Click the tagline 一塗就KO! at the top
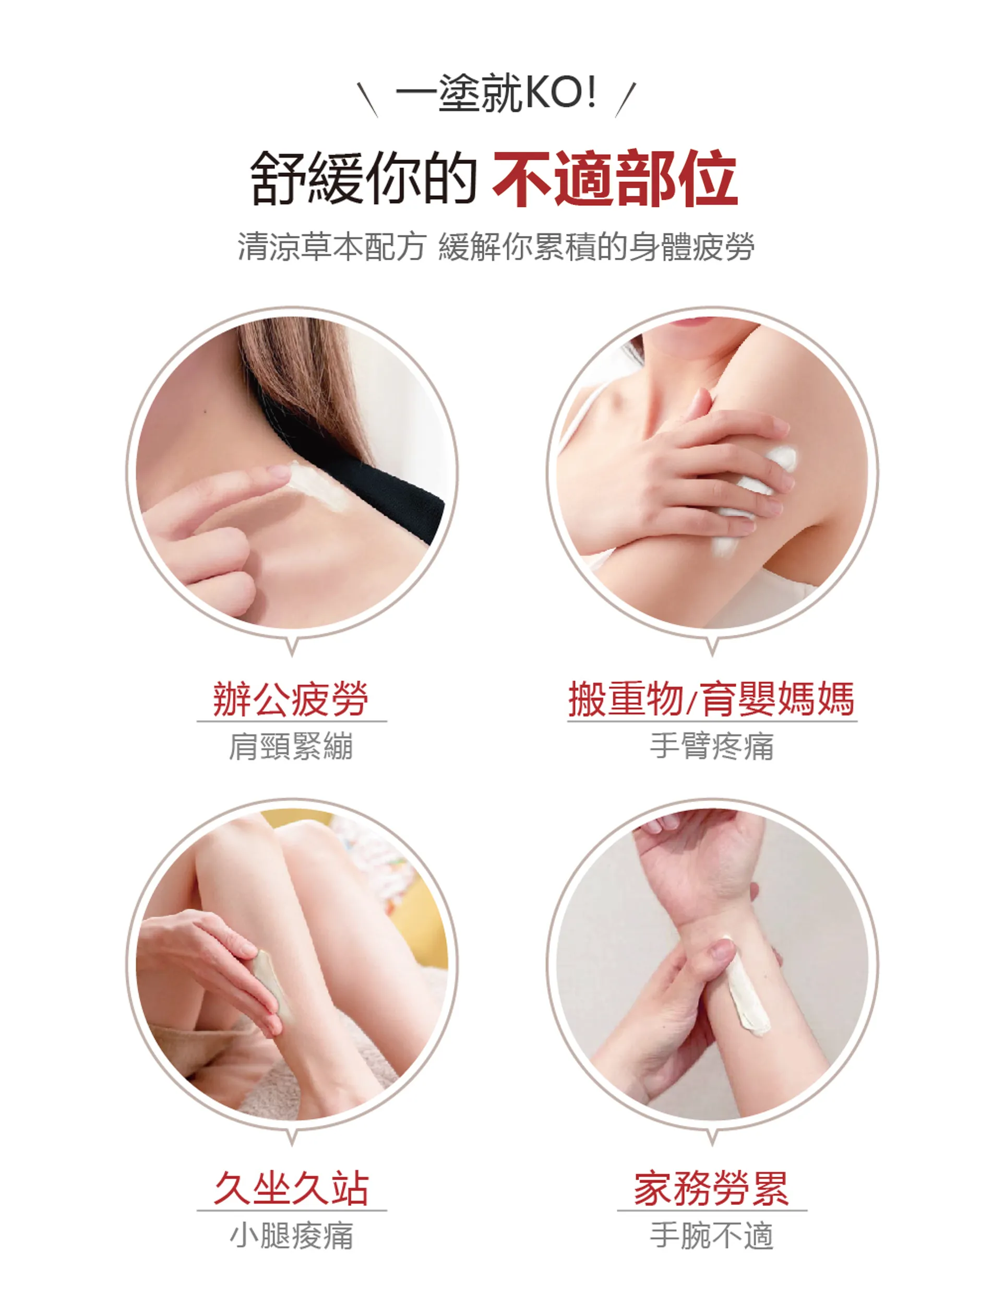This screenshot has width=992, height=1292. click(x=495, y=93)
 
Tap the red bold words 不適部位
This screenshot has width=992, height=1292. click(x=615, y=178)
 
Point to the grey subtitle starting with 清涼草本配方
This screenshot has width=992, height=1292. click(x=495, y=246)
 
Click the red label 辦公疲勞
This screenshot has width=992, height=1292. click(x=291, y=699)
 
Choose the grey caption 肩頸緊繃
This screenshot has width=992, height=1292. click(x=291, y=746)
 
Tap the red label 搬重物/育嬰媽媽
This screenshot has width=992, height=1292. click(x=712, y=699)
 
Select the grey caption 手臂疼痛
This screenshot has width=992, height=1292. click(x=712, y=746)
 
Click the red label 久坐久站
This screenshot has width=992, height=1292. click(x=291, y=1188)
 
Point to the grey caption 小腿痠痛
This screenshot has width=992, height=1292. click(x=291, y=1236)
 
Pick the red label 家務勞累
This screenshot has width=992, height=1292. click(x=712, y=1188)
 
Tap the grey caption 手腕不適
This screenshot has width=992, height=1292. click(x=712, y=1236)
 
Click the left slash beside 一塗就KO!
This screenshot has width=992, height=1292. click(x=367, y=99)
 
